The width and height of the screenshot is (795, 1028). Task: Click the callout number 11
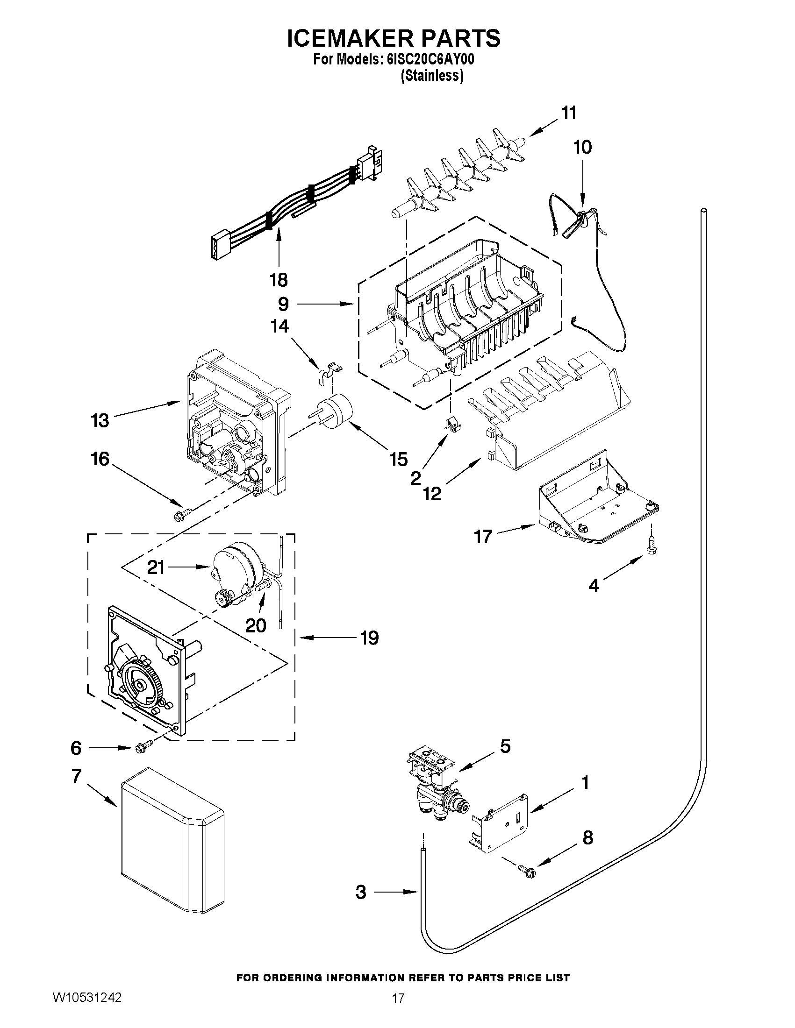click(x=568, y=113)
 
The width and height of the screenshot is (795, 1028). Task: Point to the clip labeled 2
click(x=452, y=423)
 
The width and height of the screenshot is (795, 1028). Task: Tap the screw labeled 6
click(x=143, y=747)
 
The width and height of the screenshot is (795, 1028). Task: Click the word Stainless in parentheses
click(x=432, y=75)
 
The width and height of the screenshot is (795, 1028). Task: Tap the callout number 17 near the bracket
click(x=483, y=536)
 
